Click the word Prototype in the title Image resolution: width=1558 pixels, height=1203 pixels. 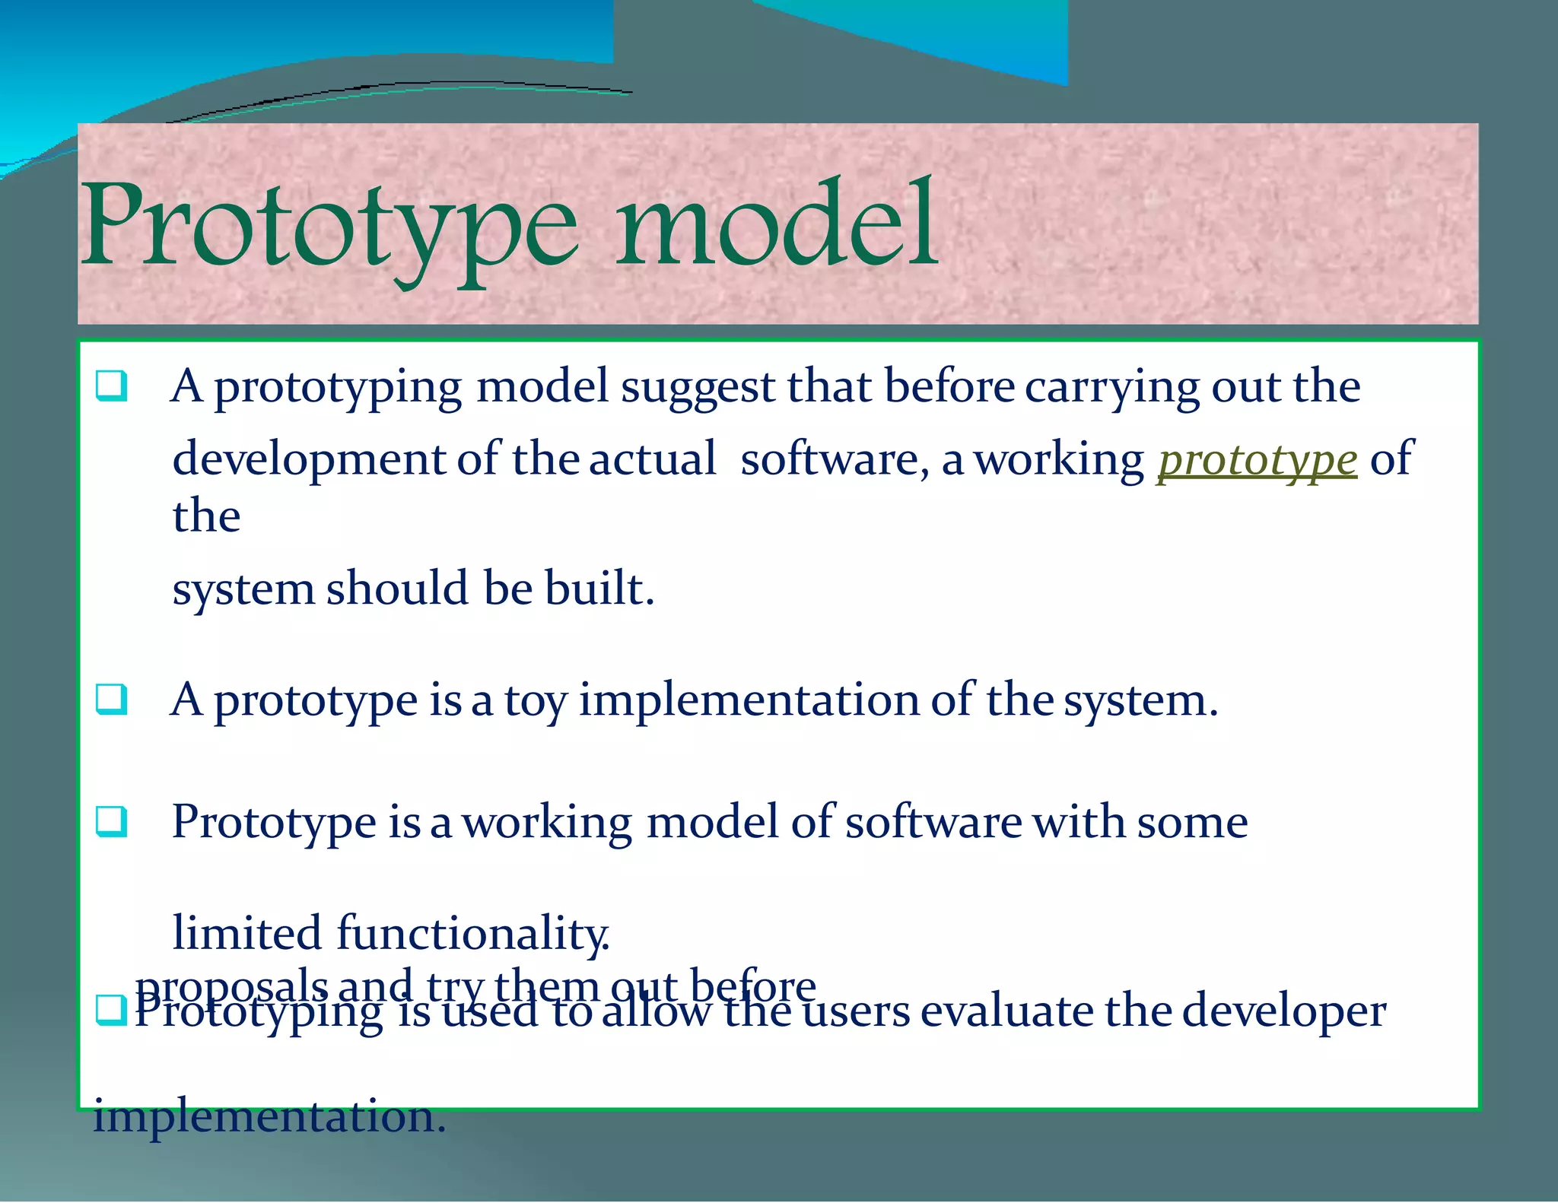tap(329, 227)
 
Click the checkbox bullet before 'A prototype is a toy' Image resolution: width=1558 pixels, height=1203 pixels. tap(111, 699)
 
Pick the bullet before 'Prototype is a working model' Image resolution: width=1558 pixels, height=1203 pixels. tap(111, 821)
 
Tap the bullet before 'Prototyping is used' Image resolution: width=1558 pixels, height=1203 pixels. tap(111, 1010)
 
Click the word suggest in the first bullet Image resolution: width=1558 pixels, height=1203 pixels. tap(697, 388)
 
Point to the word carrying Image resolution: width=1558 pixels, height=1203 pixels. tap(1111, 388)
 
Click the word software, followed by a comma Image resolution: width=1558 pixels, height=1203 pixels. tap(834, 459)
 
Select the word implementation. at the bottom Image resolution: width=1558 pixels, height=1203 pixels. tap(269, 1116)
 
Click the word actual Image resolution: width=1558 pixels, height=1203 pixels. tap(652, 459)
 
